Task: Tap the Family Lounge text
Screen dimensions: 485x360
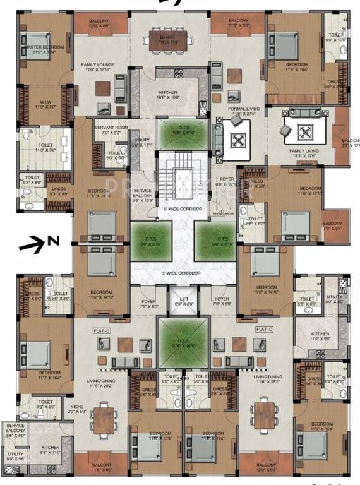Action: [x=97, y=65]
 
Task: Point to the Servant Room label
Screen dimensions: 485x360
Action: [x=111, y=128]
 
